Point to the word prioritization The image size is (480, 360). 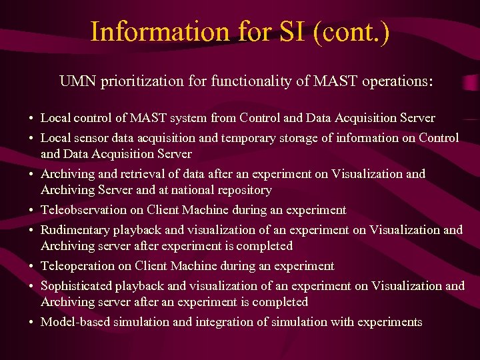coord(135,82)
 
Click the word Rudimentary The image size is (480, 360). coord(75,230)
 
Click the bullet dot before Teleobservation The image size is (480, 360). coord(31,211)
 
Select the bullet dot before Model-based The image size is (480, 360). coord(31,323)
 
